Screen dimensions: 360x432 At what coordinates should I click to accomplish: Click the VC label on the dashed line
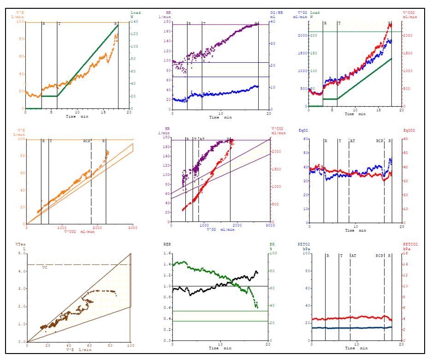(44, 267)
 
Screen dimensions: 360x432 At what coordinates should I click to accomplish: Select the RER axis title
(167, 244)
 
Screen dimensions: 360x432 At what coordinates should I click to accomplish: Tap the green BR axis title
(273, 244)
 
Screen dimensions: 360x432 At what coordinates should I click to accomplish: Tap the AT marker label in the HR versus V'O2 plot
(202, 138)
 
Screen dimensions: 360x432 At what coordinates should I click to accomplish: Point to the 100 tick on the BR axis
(274, 253)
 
